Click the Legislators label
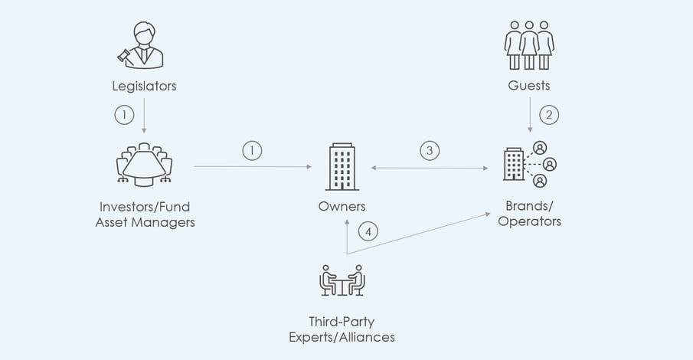[x=144, y=86]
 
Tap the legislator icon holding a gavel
[x=141, y=45]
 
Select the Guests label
[x=529, y=85]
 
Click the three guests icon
[x=529, y=45]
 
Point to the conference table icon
[x=144, y=164]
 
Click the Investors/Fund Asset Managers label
[x=145, y=214]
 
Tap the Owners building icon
[x=342, y=167]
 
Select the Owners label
[x=342, y=206]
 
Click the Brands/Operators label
[x=529, y=213]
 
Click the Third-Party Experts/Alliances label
[x=342, y=329]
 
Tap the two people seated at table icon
[x=342, y=280]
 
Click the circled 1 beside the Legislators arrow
[x=124, y=115]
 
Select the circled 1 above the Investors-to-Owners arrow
[x=252, y=150]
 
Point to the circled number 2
[x=549, y=115]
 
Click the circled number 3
[x=430, y=150]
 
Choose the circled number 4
[x=368, y=231]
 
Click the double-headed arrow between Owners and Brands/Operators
[x=430, y=168]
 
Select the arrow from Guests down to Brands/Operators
[x=530, y=115]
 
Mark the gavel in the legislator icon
[x=123, y=57]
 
